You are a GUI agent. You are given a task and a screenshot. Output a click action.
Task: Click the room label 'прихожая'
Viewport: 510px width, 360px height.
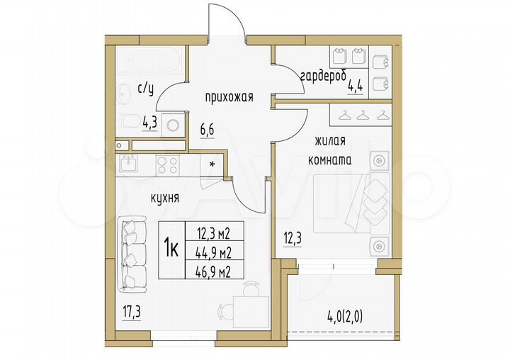click(x=225, y=98)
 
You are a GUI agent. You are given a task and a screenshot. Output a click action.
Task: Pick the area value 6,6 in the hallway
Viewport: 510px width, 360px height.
click(x=207, y=130)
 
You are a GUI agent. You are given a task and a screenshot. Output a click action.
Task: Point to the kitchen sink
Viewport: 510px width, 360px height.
click(x=129, y=164)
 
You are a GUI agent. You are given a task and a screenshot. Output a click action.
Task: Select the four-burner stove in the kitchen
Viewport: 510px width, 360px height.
click(x=167, y=164)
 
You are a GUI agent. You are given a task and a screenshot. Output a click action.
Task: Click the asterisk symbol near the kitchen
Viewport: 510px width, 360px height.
click(x=212, y=164)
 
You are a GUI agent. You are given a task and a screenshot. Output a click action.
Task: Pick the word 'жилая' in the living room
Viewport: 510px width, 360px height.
click(x=330, y=142)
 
